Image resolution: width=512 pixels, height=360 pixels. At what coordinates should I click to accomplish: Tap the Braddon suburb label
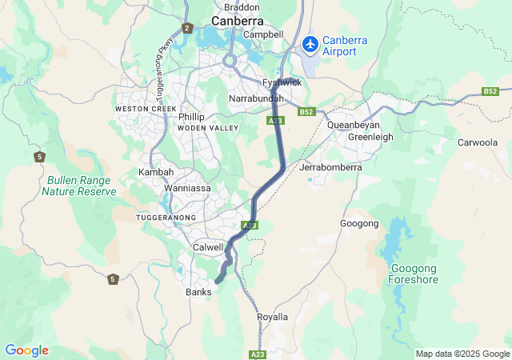pos(241,6)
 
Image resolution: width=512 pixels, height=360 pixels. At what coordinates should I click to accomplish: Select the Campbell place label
pos(264,34)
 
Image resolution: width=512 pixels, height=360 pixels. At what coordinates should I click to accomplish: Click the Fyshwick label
pos(282,82)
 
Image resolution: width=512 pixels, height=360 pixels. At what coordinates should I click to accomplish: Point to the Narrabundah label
pos(256,98)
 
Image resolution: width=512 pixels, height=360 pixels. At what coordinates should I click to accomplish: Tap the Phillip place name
pos(191,117)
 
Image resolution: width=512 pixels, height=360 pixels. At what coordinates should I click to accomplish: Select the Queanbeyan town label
pos(354,126)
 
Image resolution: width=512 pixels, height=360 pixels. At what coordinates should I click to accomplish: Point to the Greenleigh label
pos(370,137)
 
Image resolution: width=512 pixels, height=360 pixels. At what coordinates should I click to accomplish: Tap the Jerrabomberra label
pos(330,168)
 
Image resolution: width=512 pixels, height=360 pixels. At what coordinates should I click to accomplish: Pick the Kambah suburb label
pos(155,172)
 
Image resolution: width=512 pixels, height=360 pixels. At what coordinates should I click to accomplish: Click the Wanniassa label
pos(187,189)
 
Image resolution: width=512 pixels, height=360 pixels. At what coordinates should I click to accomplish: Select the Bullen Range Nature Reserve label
pos(79,186)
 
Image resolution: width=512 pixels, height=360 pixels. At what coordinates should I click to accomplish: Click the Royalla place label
pos(272,317)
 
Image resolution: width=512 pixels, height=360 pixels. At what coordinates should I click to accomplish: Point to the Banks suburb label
pos(198,293)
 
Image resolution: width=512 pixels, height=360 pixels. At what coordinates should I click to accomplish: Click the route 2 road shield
pos(187,28)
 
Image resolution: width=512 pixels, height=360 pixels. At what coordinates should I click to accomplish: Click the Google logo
pos(26,350)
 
